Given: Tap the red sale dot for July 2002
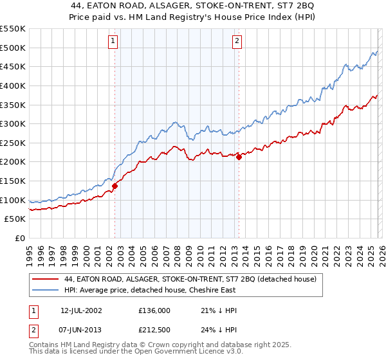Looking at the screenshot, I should tap(115, 186).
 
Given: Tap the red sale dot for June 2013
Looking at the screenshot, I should tap(239, 156).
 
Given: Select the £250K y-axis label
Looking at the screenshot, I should tap(13, 143).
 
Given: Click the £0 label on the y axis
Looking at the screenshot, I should tap(19, 239).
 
